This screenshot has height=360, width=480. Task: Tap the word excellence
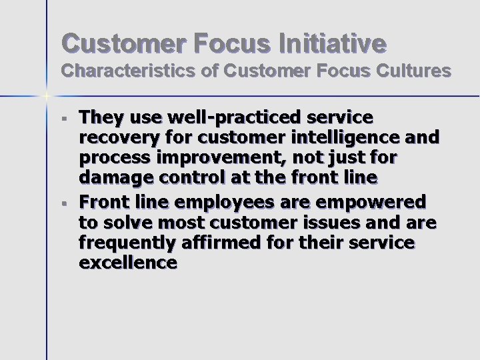(128, 263)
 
